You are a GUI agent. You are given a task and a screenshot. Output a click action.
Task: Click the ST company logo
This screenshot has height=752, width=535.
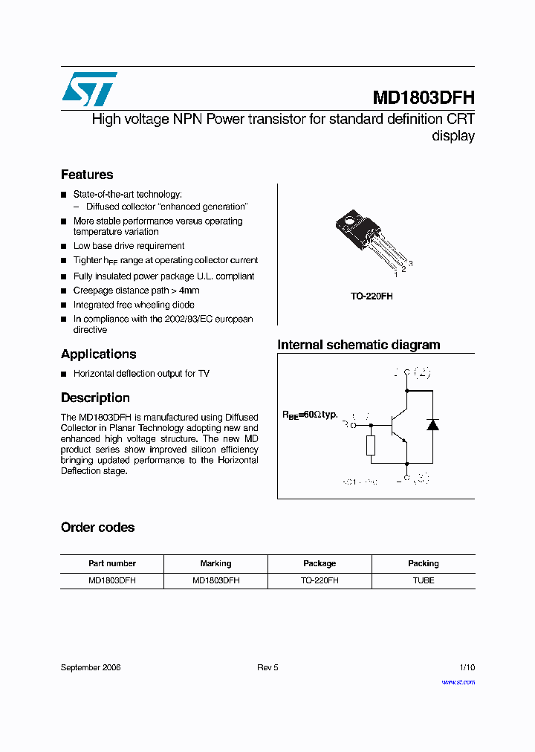point(89,89)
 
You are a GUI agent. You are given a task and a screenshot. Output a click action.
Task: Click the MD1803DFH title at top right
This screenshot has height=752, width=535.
point(423,98)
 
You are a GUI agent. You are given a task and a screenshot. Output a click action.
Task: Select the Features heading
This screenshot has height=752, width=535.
point(87,175)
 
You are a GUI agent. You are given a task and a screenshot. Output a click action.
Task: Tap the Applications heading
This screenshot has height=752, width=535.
point(98,354)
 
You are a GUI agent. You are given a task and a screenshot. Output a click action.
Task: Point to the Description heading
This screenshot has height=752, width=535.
point(95,398)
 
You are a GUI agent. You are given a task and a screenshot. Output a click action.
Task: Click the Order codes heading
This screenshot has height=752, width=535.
point(97,528)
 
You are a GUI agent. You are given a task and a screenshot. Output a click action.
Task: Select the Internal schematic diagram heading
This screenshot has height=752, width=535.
point(358,345)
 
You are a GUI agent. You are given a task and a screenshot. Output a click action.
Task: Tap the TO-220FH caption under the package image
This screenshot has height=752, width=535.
point(372,296)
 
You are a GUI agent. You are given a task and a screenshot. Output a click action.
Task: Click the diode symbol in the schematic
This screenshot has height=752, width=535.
point(432,425)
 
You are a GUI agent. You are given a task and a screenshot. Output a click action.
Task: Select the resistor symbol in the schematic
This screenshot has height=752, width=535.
point(371,445)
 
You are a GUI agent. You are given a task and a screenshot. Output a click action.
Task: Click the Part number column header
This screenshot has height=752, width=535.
point(111,563)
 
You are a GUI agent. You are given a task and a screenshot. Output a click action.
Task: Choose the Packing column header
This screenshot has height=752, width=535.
point(423,563)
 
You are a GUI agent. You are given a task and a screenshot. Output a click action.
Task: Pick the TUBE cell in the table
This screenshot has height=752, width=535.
point(423,580)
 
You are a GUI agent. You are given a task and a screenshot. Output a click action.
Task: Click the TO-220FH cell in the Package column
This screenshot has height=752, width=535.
point(320,580)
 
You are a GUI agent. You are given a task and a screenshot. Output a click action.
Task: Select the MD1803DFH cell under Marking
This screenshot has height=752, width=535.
point(215,580)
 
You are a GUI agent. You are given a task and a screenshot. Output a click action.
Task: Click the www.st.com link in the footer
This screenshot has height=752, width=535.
point(458,681)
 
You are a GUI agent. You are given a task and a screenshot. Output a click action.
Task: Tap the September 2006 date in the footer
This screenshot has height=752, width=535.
point(91,667)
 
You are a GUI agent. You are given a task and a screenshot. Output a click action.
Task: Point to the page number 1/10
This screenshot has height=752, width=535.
point(467,667)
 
